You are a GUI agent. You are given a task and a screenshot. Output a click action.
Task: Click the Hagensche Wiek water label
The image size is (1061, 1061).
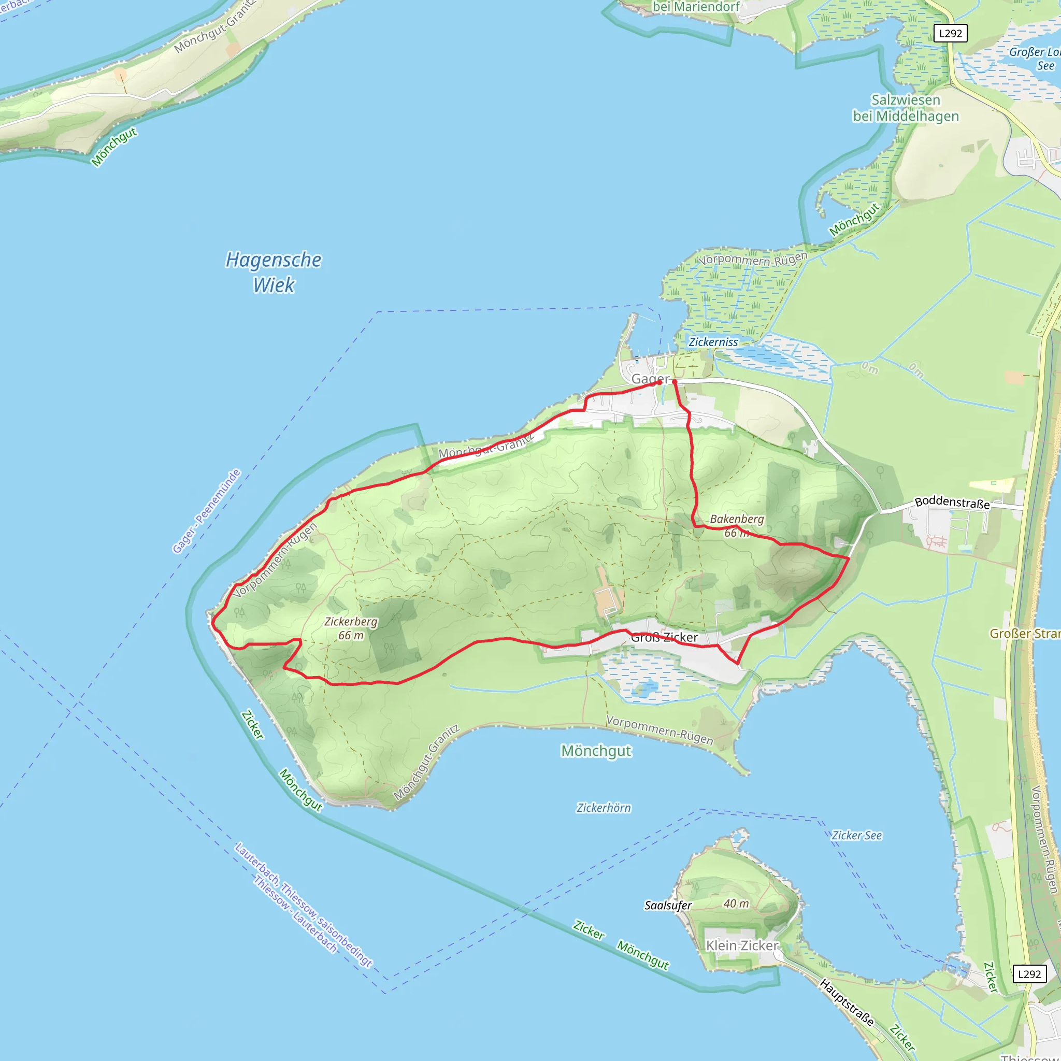coord(274,273)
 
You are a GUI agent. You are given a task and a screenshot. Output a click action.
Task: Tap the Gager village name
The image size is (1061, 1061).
coord(650,379)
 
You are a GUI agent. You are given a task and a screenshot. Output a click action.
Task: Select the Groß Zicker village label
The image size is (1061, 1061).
coord(664,638)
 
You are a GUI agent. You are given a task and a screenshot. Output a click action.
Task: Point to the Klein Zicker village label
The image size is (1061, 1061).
coord(742,945)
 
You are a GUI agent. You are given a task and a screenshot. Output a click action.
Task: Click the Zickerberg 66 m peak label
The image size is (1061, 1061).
coord(351,628)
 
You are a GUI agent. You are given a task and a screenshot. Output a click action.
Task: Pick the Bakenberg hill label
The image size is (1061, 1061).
coord(737,520)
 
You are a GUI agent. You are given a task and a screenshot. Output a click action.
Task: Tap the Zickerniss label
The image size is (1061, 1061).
coord(713,342)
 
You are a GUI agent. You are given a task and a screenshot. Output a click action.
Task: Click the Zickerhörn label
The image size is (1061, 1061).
coord(604,808)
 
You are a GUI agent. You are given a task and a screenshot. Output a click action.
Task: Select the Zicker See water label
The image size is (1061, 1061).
coord(856,835)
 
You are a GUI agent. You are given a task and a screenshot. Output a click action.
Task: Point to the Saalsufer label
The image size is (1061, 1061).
coord(668,906)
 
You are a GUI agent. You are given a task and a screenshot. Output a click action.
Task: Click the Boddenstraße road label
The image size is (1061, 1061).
coord(952,503)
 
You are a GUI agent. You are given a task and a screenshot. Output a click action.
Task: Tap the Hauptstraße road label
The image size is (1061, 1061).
coord(847,1002)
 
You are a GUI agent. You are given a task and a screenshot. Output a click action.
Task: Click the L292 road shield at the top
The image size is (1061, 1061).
coord(951,34)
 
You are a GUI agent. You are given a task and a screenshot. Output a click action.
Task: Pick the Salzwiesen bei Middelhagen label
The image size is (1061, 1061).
coord(906,108)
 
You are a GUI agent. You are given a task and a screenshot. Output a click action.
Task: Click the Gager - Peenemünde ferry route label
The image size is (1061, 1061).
coord(207,511)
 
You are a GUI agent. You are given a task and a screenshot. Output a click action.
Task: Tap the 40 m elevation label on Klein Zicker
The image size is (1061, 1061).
coord(736,904)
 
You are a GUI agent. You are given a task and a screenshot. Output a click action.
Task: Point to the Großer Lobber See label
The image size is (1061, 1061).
coord(1035,59)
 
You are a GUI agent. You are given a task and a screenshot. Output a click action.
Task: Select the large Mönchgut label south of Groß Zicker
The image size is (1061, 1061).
coord(596,751)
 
